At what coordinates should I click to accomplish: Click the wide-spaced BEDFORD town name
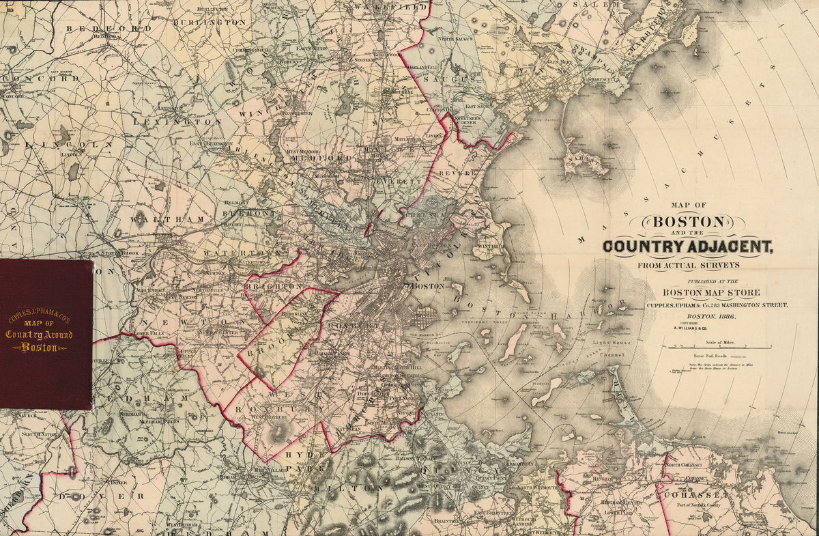(109, 29)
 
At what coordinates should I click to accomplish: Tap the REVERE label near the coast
(457, 173)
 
